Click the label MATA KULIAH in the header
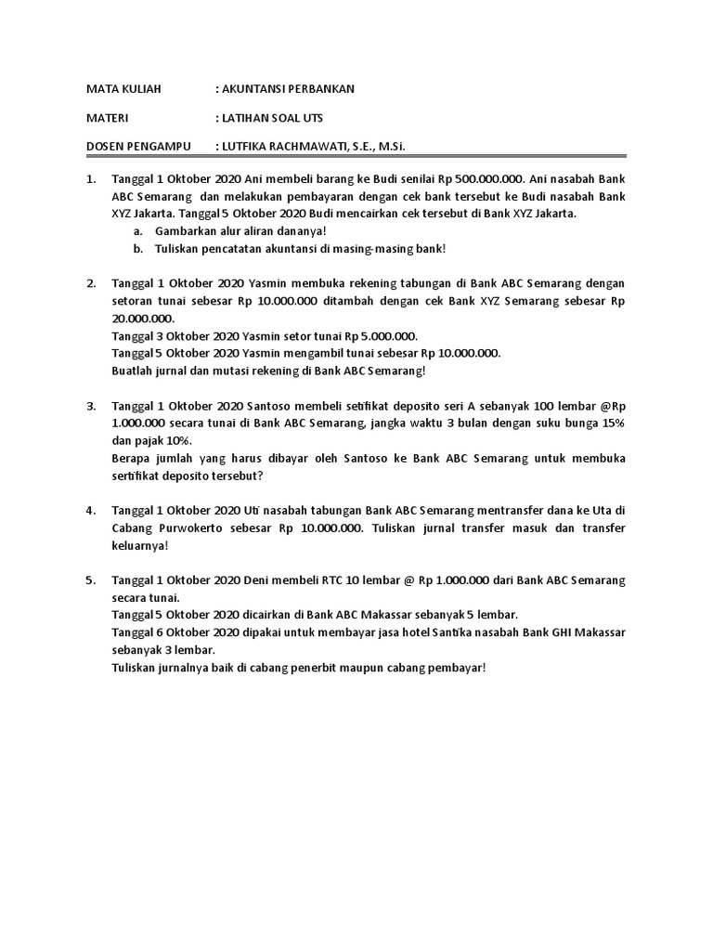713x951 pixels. click(123, 89)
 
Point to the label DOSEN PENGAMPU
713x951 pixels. click(138, 147)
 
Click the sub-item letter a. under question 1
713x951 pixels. click(137, 230)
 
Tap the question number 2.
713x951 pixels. click(91, 283)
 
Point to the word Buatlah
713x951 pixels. click(134, 371)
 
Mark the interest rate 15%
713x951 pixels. click(612, 423)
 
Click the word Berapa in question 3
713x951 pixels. click(131, 459)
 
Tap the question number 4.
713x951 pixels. click(91, 511)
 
